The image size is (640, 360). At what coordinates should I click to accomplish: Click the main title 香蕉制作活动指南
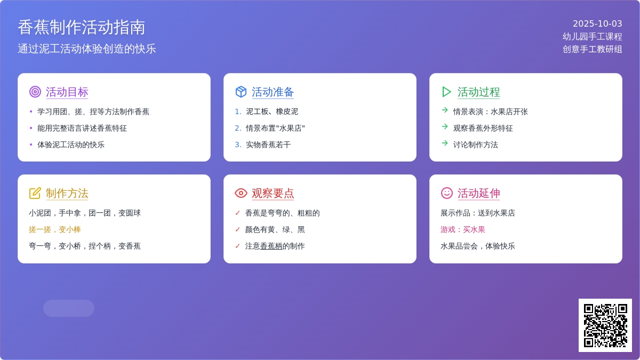click(82, 27)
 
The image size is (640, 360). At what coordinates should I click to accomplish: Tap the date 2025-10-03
click(597, 23)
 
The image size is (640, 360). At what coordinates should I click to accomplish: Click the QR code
click(605, 325)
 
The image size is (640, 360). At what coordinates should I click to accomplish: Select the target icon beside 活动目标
click(35, 92)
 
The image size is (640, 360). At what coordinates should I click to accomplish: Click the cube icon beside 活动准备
click(241, 92)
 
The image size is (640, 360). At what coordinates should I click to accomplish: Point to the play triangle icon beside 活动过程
click(446, 92)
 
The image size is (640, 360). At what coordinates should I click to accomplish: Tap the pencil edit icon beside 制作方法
click(35, 193)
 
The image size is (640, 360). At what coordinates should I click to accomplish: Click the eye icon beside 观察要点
click(241, 193)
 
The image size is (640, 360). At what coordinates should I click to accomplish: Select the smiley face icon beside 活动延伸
click(447, 193)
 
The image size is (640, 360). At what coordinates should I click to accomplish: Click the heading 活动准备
click(273, 92)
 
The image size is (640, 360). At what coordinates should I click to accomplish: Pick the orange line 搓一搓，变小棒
click(55, 229)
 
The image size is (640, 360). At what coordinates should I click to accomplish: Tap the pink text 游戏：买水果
click(463, 229)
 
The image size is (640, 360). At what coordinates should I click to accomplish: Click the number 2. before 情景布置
click(238, 129)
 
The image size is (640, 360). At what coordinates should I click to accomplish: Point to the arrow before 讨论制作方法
click(445, 143)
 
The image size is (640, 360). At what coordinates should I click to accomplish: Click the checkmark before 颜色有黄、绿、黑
click(237, 229)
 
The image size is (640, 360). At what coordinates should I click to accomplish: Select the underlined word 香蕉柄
click(271, 246)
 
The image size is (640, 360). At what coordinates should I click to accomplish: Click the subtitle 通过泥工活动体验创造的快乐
click(87, 49)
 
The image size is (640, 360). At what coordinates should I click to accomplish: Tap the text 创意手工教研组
click(593, 49)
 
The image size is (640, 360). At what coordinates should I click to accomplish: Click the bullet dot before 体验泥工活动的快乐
click(31, 145)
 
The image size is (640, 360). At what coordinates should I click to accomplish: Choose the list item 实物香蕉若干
click(268, 145)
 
